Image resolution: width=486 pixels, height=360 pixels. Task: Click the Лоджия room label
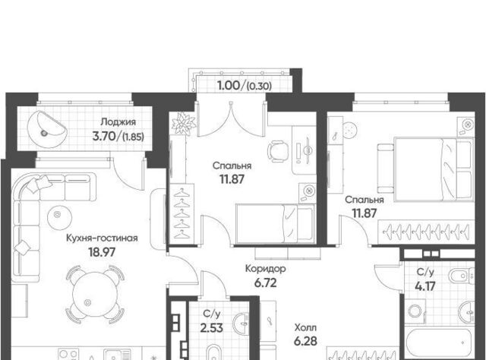tap(118, 122)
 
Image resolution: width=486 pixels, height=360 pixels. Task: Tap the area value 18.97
tap(102, 252)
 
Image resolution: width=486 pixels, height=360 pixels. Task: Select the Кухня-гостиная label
tap(102, 238)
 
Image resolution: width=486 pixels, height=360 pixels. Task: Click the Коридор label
tap(265, 269)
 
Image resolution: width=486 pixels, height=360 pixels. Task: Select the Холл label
tap(305, 327)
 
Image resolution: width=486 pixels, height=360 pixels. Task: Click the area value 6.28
tap(305, 341)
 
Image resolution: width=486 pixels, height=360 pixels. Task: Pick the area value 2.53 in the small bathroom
tap(212, 327)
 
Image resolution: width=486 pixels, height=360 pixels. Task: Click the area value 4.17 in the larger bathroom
tap(425, 286)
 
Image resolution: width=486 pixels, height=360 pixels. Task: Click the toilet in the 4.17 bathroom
tap(461, 276)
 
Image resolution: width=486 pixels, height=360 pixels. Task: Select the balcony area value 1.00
tap(229, 86)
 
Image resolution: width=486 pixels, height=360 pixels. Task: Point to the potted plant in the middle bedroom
tap(184, 123)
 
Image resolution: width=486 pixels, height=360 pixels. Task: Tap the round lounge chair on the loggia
tap(46, 130)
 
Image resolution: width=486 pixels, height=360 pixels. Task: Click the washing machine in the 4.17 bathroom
tap(415, 311)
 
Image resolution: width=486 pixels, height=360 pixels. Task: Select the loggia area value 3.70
tap(104, 136)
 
